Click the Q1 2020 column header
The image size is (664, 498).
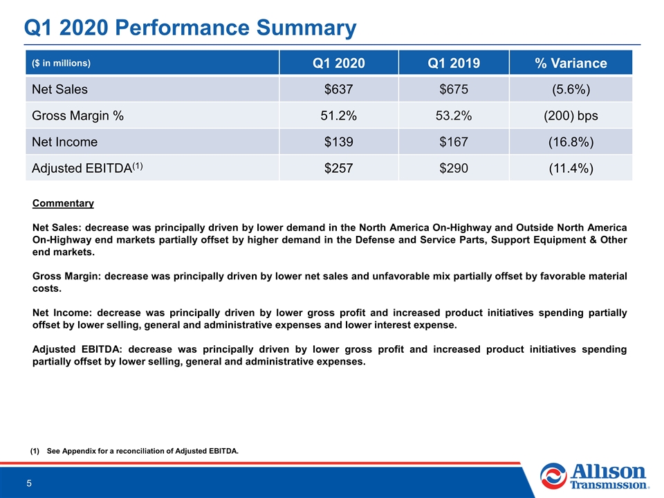point(338,63)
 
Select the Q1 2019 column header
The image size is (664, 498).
point(454,63)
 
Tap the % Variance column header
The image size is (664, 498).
point(571,63)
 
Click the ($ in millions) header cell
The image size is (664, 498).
point(61,63)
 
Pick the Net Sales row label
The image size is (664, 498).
point(59,89)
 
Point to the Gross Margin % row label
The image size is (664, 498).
point(77,116)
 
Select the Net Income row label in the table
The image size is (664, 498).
point(64,142)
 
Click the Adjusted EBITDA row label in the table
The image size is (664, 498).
point(87,168)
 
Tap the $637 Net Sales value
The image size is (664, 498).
point(338,89)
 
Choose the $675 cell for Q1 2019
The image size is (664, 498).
point(454,89)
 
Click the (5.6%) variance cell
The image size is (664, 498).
point(571,89)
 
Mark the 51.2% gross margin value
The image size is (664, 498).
point(338,116)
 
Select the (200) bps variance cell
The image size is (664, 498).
point(571,116)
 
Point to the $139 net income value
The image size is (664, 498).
point(338,142)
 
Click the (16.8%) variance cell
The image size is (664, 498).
point(571,142)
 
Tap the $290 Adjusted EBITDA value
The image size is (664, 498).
point(454,168)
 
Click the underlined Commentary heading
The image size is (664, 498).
point(63,203)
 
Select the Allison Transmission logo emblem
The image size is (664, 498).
point(553,476)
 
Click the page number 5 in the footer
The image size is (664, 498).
point(29,483)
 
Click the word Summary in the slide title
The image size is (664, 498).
point(306,28)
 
